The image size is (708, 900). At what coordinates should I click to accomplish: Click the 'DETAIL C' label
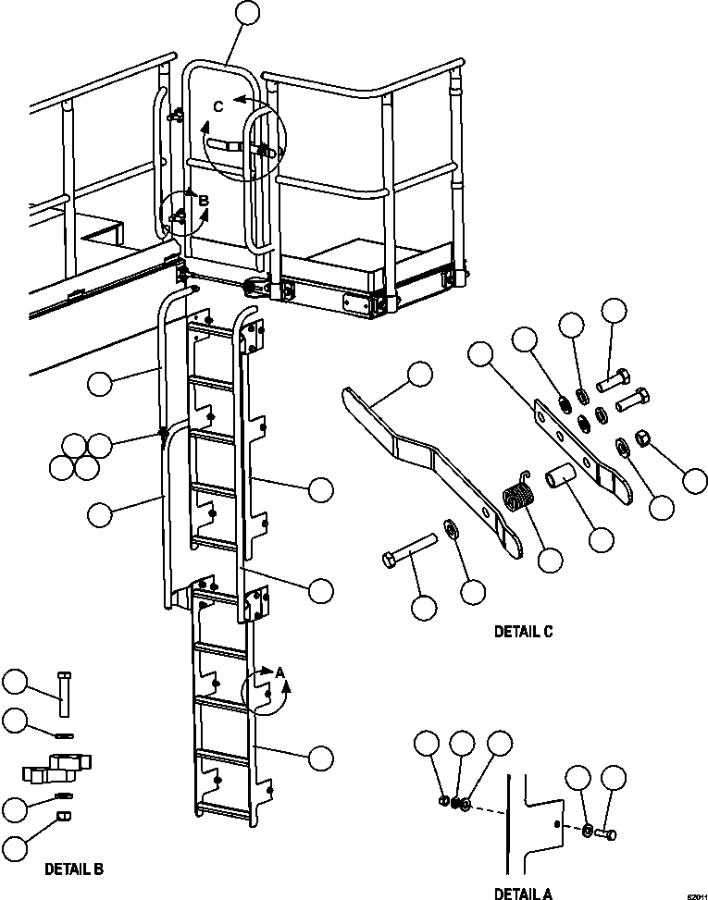click(523, 633)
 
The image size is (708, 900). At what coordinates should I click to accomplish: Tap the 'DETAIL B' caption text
click(74, 869)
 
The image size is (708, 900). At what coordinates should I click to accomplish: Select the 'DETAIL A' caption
click(523, 894)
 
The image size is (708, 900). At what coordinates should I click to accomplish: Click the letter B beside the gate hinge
click(205, 199)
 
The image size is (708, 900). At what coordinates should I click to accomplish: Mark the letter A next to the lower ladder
click(279, 673)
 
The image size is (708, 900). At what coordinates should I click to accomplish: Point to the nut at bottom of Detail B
click(63, 816)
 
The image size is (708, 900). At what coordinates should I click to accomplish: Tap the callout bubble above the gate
click(248, 13)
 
